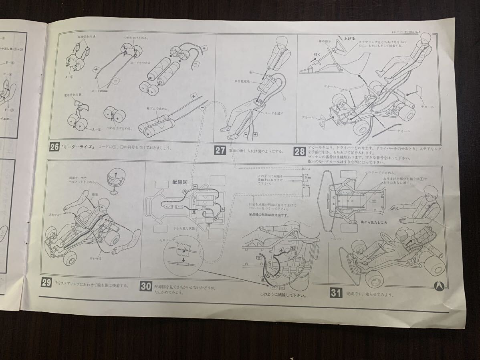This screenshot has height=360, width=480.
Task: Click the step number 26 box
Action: click(x=54, y=147)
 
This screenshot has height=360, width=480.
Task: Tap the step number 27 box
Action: click(x=220, y=151)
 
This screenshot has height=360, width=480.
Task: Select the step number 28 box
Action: click(x=299, y=152)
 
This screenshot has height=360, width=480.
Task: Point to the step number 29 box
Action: click(x=46, y=283)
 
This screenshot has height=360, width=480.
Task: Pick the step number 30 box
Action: click(x=145, y=286)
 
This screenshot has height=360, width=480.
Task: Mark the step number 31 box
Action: click(x=335, y=293)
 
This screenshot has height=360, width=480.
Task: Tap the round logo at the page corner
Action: click(x=440, y=286)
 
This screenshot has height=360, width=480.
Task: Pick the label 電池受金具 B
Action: click(x=73, y=97)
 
